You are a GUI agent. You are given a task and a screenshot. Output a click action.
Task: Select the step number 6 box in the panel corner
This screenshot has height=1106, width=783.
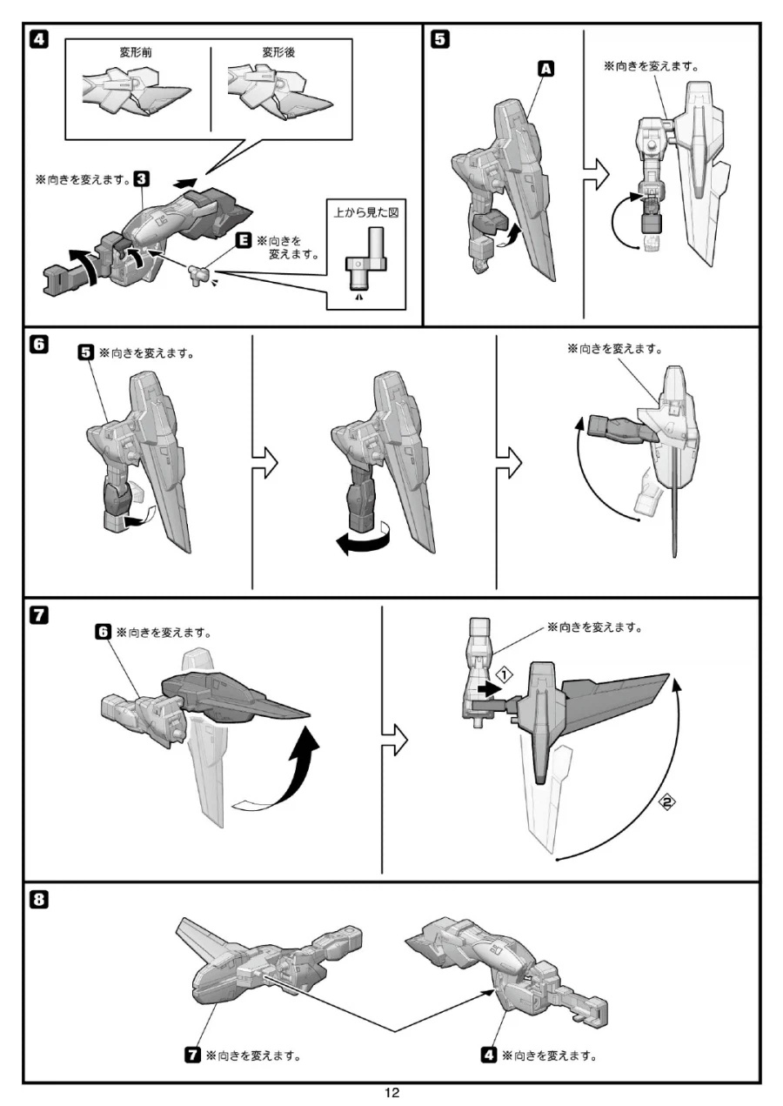(38, 345)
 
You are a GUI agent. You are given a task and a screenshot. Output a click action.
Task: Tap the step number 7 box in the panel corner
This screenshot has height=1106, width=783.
(38, 616)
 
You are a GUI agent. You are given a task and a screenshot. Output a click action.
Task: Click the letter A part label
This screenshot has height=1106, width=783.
(547, 70)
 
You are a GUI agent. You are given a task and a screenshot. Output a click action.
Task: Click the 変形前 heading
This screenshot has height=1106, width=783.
(137, 52)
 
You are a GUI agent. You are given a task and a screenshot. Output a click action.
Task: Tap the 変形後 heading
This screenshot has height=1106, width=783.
(278, 52)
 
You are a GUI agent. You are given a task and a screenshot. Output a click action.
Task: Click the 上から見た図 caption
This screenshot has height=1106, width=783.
(366, 213)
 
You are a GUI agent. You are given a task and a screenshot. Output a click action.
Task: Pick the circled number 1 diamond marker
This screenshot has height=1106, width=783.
(503, 673)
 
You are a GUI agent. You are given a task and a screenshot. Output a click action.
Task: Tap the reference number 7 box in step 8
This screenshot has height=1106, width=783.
(194, 1056)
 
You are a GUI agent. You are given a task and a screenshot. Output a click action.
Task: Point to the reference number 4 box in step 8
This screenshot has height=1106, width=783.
(490, 1056)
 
